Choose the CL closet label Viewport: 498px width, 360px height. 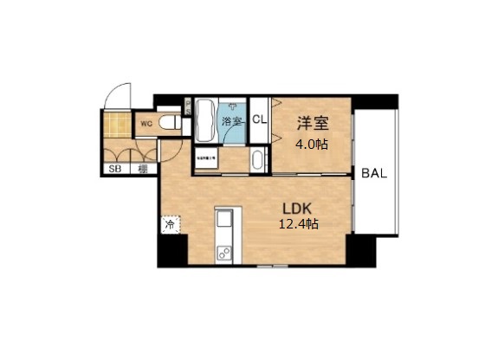pyautogui.click(x=259, y=122)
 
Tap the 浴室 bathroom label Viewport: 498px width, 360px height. pyautogui.click(x=231, y=121)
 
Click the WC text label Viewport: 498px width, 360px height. pyautogui.click(x=146, y=124)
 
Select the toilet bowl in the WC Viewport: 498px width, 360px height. pyautogui.click(x=172, y=123)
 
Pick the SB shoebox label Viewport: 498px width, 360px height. pyautogui.click(x=113, y=169)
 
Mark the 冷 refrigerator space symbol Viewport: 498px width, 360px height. pyautogui.click(x=169, y=224)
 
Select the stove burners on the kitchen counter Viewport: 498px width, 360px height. pyautogui.click(x=224, y=254)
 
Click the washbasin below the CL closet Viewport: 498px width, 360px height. pyautogui.click(x=257, y=159)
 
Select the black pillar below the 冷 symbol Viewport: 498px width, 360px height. pyautogui.click(x=171, y=250)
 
